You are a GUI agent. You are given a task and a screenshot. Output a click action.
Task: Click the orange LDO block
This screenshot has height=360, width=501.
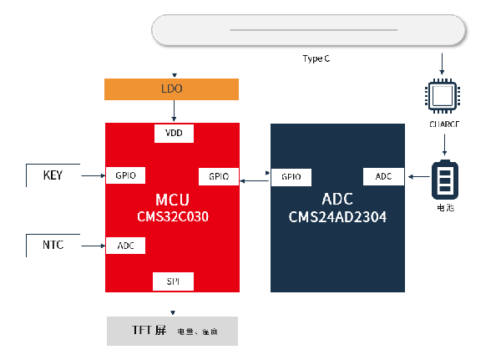[171, 89]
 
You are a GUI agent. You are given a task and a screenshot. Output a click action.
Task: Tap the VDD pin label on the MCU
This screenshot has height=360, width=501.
[174, 134]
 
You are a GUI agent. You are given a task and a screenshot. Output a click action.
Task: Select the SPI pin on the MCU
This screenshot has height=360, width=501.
[174, 281]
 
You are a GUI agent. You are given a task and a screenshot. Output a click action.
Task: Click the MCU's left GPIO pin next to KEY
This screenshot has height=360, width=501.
[126, 175]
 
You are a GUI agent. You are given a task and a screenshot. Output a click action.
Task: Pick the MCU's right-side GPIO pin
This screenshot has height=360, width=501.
[219, 177]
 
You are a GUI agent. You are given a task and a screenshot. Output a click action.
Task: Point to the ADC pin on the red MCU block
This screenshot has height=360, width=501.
[126, 246]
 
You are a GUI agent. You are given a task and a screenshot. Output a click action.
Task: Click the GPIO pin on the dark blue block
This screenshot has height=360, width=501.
[291, 177]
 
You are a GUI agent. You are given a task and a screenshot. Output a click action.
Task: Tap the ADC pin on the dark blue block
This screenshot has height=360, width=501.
[384, 177]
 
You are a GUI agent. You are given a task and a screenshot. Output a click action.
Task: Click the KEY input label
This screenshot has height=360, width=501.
[53, 175]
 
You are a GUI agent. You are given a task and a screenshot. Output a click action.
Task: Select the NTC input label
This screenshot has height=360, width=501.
[53, 245]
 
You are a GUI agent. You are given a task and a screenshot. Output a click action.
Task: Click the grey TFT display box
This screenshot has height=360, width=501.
[172, 331]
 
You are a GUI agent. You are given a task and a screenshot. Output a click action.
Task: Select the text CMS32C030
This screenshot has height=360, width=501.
[173, 216]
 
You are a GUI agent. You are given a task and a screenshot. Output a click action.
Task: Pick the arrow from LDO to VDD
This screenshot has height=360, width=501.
[174, 110]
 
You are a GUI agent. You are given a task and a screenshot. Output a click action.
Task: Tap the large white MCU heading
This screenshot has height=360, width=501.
[173, 200]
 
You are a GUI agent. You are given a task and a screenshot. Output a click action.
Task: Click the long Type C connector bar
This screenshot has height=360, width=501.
[308, 30]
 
